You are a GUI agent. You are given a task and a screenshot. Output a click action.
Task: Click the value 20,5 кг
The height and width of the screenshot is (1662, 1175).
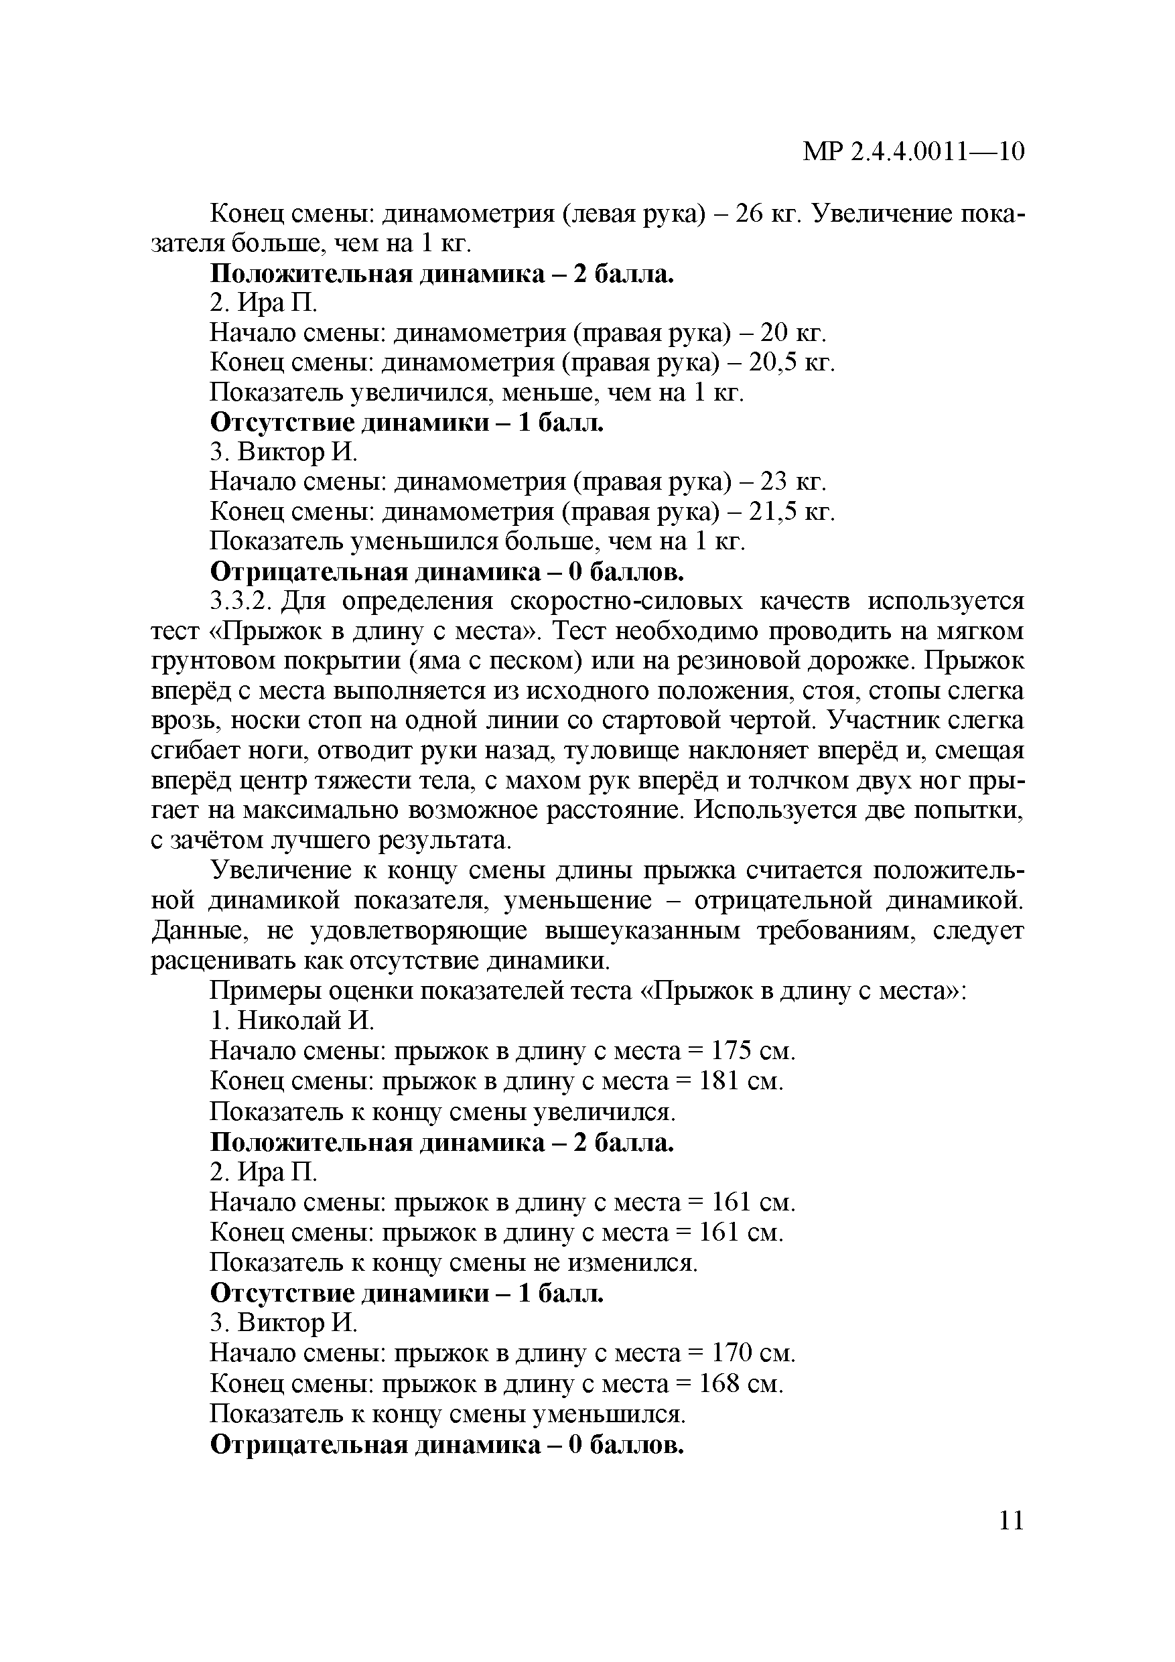coord(791,362)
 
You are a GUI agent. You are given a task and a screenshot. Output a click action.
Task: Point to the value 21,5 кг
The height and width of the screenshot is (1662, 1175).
coord(791,512)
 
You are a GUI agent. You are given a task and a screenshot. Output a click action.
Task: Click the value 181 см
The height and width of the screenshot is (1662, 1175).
coord(742,1081)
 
